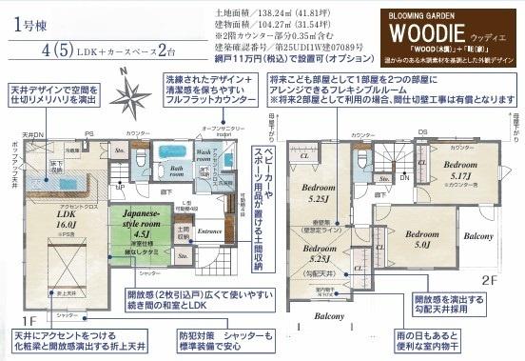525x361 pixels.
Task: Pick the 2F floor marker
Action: coord(487,281)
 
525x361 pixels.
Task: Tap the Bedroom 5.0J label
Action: coord(420,237)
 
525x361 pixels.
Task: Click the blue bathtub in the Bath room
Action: coord(173,151)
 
